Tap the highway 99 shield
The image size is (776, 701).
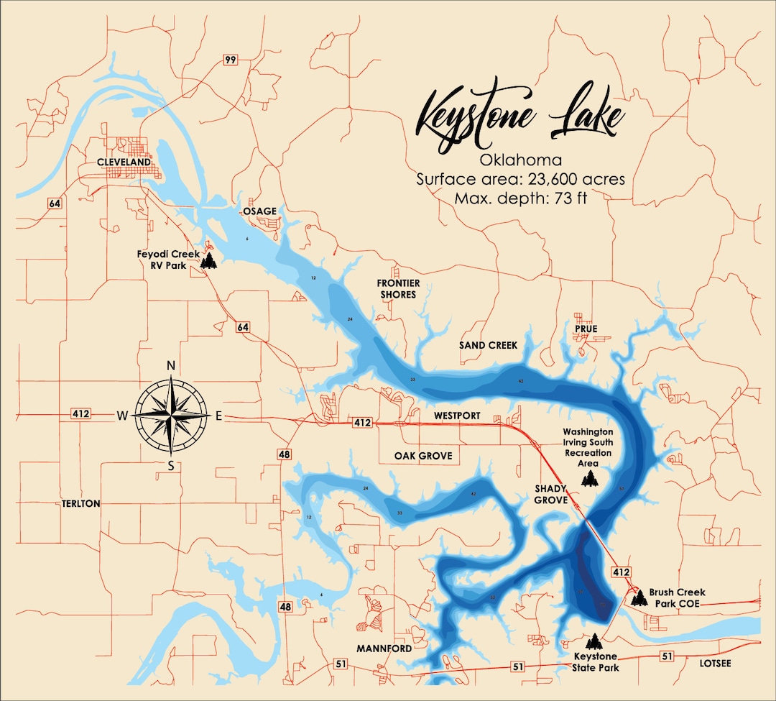[230, 60]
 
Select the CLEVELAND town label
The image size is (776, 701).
[124, 162]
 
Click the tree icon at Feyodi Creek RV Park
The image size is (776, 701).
[208, 260]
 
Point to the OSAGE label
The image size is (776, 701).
[259, 211]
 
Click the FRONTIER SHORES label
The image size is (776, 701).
[398, 288]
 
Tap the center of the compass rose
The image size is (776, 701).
[171, 415]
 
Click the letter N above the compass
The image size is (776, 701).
[171, 366]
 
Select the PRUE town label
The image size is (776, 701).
[586, 329]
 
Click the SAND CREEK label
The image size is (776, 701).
[488, 345]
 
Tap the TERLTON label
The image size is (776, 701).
[81, 504]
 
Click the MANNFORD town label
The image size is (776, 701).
[384, 649]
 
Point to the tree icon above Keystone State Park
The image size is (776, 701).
[593, 641]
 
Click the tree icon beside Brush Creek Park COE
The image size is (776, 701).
[638, 596]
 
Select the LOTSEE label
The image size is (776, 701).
[715, 663]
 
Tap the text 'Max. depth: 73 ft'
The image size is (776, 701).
[520, 198]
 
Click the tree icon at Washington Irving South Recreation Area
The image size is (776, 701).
[589, 479]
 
